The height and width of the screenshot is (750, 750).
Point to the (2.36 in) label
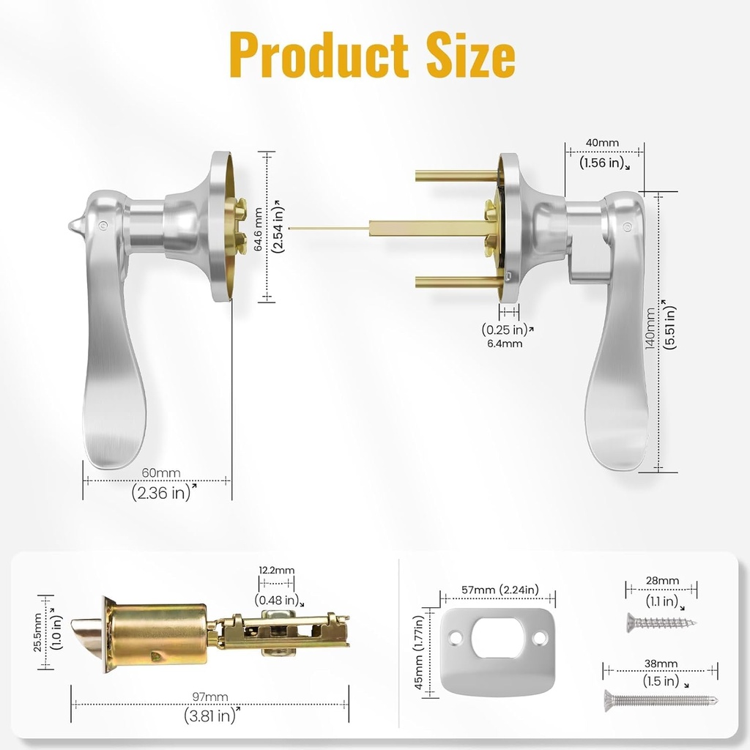(161, 493)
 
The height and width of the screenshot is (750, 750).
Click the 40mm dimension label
(603, 143)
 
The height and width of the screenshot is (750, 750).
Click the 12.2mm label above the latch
(276, 570)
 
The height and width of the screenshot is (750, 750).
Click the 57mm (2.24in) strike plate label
(498, 590)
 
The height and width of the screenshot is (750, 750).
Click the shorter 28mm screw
(659, 624)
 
